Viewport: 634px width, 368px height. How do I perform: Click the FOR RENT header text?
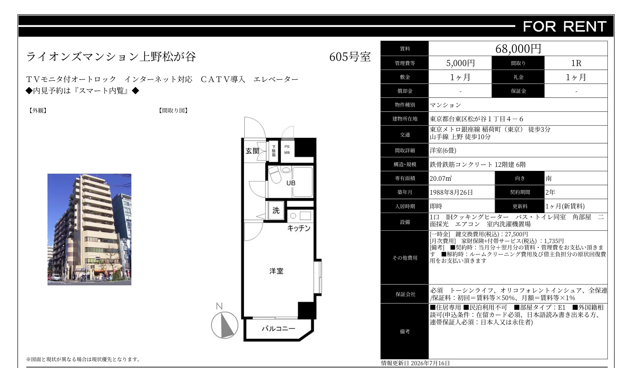point(565,27)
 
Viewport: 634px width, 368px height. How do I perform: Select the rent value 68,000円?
point(518,48)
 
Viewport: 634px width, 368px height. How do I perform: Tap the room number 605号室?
point(350,57)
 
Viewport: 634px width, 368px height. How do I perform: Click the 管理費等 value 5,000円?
point(460,63)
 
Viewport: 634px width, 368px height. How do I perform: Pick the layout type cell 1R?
point(576,63)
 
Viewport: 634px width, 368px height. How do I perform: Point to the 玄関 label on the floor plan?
point(252,151)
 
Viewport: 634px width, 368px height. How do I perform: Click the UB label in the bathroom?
point(291,183)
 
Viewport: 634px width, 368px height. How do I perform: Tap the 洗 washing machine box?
point(276,210)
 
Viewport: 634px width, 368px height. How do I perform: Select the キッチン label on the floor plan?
point(299,228)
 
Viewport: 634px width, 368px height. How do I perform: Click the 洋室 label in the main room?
point(276,271)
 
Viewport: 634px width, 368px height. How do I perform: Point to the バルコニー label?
point(279,329)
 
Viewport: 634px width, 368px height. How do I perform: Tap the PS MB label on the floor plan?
point(287,150)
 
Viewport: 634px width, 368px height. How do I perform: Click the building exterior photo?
point(89,229)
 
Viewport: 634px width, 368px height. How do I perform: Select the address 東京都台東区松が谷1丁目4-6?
point(476,119)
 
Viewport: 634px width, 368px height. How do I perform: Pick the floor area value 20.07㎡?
point(441,178)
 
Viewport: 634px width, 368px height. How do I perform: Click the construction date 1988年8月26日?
point(451,192)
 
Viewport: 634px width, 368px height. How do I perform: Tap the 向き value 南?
point(549,178)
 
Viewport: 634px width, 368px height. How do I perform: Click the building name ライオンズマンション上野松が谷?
point(111,57)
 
